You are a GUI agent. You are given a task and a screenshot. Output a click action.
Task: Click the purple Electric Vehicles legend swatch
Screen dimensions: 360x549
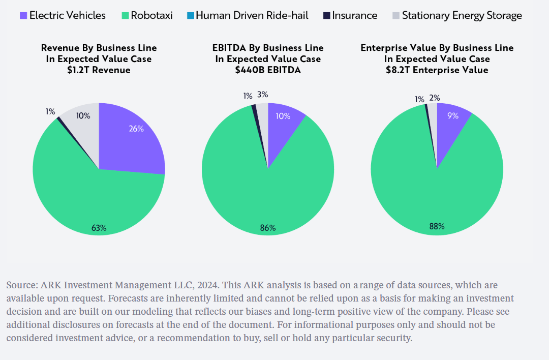pos(23,16)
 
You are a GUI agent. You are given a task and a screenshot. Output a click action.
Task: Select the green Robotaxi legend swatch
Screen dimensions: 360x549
pos(124,16)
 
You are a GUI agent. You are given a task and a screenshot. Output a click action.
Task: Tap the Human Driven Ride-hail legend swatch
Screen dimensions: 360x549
pos(190,16)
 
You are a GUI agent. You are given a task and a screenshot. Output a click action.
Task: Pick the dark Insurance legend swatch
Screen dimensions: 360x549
pos(326,16)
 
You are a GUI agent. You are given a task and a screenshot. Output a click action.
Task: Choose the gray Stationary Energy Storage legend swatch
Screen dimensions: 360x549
pos(395,16)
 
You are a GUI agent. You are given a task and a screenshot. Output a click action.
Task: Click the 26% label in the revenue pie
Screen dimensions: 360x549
pos(136,129)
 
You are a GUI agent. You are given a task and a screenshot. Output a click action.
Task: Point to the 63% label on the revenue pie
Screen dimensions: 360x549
pos(99,227)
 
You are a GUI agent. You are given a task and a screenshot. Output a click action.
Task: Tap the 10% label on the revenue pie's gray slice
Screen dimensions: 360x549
pos(83,116)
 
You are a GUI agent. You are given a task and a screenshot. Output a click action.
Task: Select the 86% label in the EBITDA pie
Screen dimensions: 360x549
pos(267,228)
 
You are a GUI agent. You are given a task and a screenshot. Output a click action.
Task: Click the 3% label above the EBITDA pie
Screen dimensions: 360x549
pos(262,95)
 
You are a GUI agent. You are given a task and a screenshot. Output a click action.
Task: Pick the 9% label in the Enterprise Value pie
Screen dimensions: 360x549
pos(452,116)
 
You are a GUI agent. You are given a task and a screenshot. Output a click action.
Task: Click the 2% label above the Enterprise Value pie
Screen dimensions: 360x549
pos(434,98)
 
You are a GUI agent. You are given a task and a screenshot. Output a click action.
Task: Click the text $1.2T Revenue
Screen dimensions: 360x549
pos(99,70)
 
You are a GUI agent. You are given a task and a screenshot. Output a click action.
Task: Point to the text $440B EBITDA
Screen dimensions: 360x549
pos(267,70)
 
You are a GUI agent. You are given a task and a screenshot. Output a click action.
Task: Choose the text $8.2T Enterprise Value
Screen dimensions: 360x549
pos(437,70)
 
